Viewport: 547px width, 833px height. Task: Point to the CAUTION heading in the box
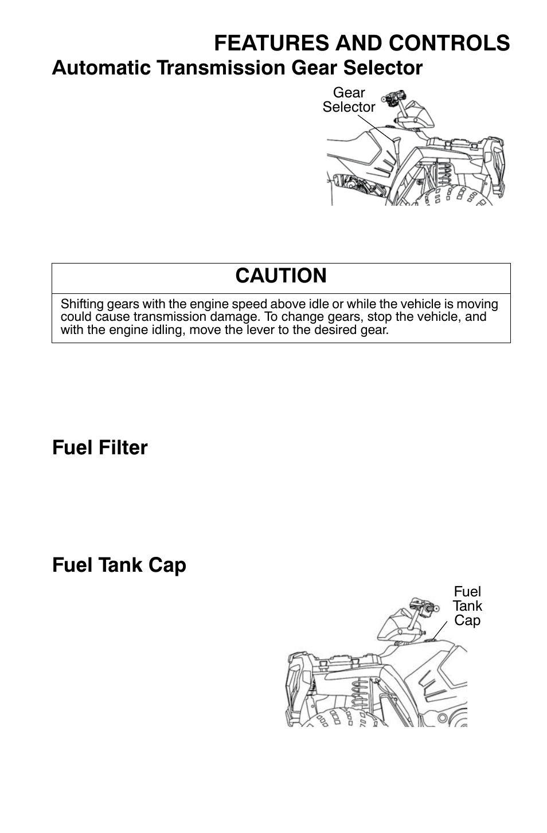click(x=281, y=276)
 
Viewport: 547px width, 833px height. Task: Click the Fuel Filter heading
click(x=100, y=447)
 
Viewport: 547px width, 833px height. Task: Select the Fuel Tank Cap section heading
click(x=119, y=565)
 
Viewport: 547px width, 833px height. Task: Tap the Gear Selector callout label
click(x=349, y=100)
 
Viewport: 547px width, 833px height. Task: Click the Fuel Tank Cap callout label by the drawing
click(x=467, y=606)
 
